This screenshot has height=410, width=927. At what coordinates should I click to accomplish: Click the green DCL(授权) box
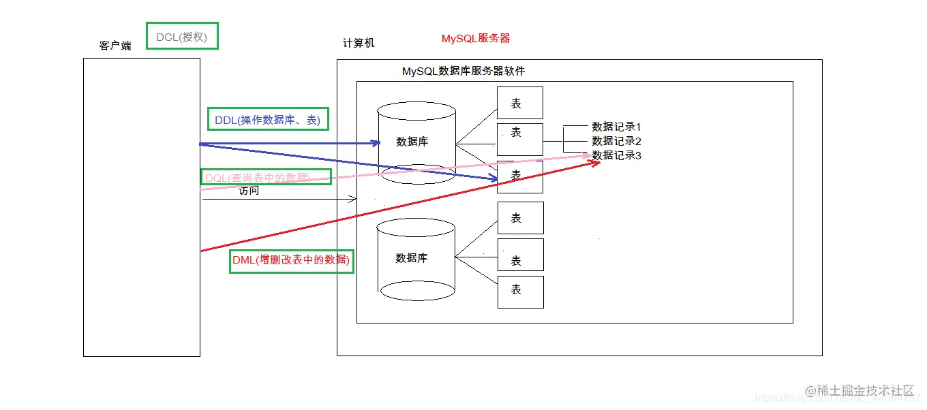[182, 36]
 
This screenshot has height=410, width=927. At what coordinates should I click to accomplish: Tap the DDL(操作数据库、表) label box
[267, 119]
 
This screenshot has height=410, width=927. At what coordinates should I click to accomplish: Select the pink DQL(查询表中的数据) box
[267, 177]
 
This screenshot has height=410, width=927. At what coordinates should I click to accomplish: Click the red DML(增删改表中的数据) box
[291, 260]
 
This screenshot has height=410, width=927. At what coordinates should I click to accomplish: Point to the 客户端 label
[115, 46]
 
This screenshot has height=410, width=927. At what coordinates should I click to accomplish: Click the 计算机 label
[359, 43]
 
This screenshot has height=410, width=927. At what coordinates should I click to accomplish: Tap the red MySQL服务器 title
[476, 39]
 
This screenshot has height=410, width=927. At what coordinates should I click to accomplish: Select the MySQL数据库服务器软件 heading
[463, 71]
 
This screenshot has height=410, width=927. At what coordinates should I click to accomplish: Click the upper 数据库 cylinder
[416, 142]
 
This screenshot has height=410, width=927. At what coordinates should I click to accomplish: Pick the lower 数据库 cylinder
[416, 259]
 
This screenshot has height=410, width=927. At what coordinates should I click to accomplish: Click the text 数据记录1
[616, 127]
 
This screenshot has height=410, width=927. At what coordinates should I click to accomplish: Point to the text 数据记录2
[616, 141]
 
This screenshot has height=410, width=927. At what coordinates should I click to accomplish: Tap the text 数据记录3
[616, 155]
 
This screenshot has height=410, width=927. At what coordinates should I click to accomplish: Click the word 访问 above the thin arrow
[249, 191]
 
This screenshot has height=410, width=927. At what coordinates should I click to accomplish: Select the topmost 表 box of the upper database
[519, 103]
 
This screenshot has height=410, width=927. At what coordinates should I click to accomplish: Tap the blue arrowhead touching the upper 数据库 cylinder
[376, 143]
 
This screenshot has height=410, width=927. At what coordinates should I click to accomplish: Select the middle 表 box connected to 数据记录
[519, 139]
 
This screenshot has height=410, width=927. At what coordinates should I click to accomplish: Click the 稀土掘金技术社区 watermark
[859, 390]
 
